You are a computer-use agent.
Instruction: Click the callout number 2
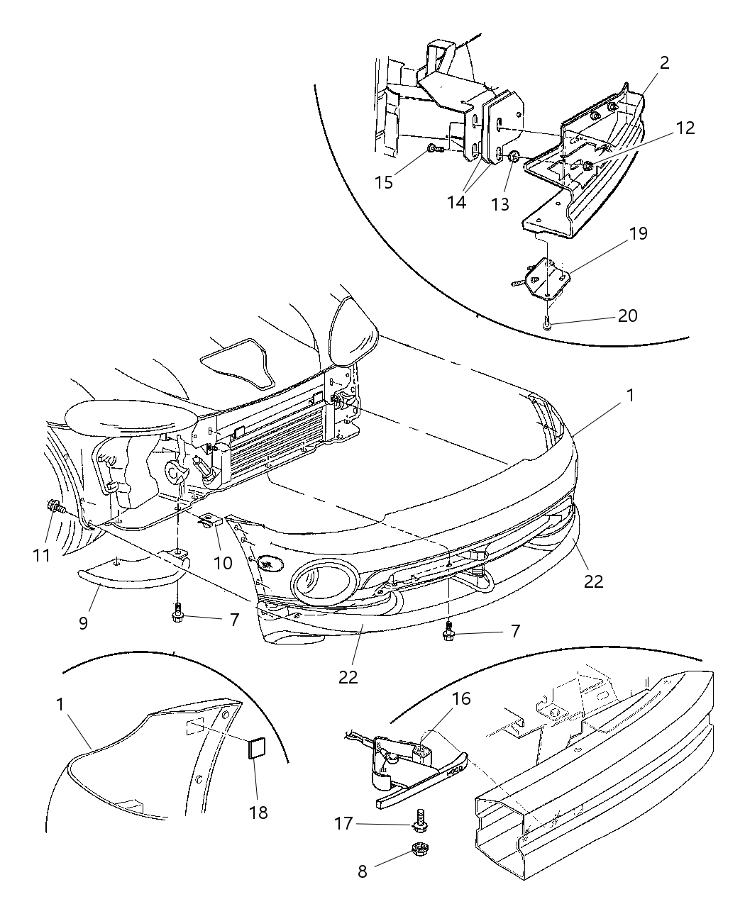(664, 62)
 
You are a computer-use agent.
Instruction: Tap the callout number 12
(685, 128)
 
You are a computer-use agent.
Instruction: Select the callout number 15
(385, 182)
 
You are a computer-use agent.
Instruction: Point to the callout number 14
(457, 202)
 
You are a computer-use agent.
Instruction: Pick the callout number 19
(639, 233)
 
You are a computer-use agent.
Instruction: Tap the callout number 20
(627, 316)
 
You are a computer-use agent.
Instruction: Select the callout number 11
(42, 554)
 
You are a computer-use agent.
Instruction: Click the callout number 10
(223, 562)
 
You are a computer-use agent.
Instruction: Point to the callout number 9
(83, 623)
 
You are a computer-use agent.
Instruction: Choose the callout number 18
(259, 812)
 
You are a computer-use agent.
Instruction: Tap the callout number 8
(363, 871)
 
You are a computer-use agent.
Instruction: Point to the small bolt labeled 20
(547, 323)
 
